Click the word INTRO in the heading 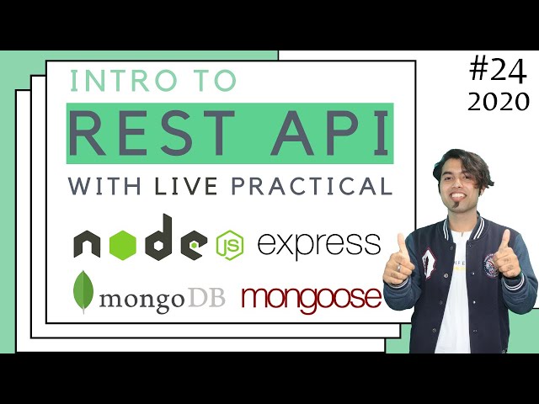point(109,81)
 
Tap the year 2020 point(499,102)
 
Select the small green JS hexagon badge point(228,245)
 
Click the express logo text point(319,245)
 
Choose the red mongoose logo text point(311,297)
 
